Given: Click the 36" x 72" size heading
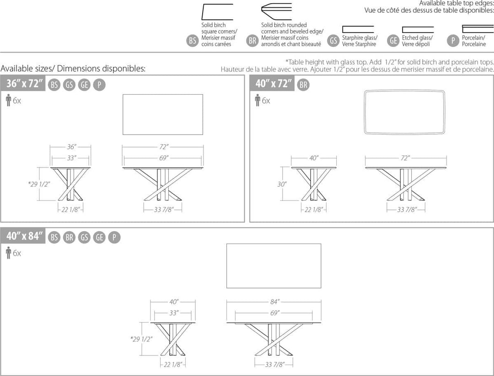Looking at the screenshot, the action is click(x=24, y=84).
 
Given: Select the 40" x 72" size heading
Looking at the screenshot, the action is click(x=274, y=84).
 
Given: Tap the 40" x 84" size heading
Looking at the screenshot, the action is click(x=24, y=236).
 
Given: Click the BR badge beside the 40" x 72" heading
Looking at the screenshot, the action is click(x=303, y=85).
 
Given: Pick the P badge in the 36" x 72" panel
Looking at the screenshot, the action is click(x=99, y=85).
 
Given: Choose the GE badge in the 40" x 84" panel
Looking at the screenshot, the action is click(x=99, y=237).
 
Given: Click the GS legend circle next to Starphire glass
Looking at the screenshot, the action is click(x=333, y=41).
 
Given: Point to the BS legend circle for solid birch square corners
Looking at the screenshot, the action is click(x=192, y=41).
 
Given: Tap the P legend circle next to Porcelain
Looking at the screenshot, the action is click(x=453, y=41).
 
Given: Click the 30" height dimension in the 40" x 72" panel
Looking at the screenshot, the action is click(x=282, y=184).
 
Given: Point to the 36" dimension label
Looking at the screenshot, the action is click(x=71, y=147).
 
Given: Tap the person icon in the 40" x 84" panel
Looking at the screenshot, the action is click(x=9, y=253).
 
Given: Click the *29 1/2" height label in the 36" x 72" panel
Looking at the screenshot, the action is click(x=39, y=184).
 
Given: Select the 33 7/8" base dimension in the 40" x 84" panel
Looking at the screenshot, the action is click(x=274, y=365).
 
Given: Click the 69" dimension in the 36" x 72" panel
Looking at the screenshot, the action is click(x=163, y=158).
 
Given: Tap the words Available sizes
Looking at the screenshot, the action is click(x=27, y=68).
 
